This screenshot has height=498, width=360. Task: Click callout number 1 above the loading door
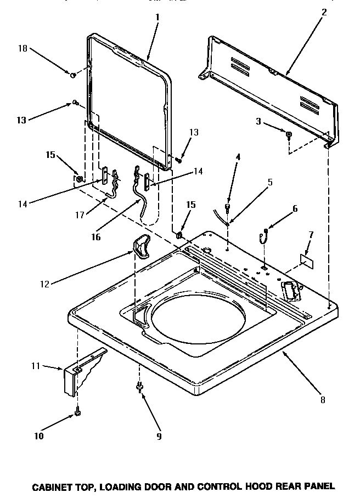157,17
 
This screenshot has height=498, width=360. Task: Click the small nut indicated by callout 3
288,134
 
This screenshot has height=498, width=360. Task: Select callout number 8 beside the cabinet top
323,400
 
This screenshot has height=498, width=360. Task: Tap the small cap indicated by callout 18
72,73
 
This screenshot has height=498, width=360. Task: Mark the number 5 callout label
270,183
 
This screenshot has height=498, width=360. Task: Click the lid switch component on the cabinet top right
290,289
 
